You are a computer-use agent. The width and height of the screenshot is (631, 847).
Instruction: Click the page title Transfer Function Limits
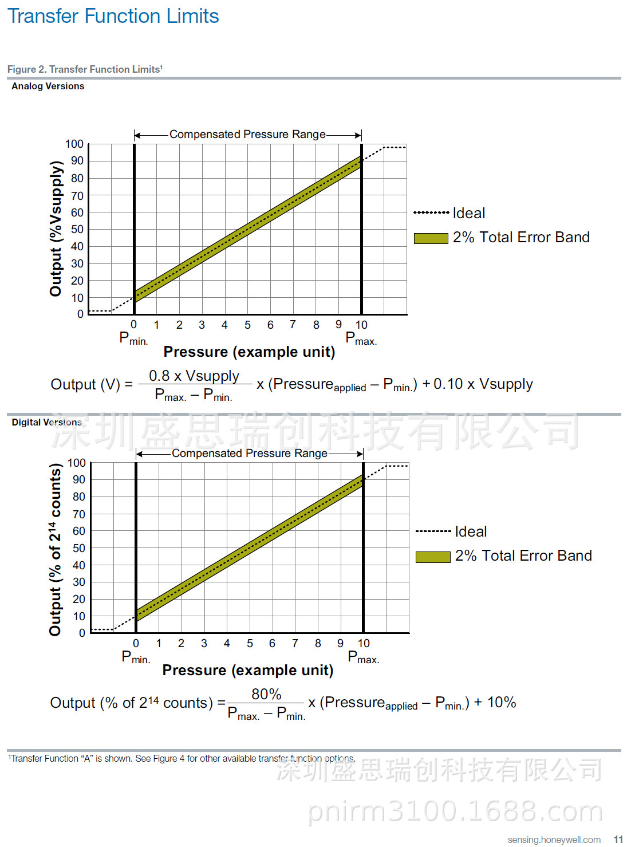tap(113, 16)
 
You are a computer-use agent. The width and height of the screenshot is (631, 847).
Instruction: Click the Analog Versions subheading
tap(48, 86)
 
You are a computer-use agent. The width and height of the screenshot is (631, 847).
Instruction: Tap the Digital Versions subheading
tap(46, 422)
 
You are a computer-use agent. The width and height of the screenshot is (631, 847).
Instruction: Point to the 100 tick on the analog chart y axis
tap(74, 144)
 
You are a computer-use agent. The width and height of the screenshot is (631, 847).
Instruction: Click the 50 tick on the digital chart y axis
tap(78, 548)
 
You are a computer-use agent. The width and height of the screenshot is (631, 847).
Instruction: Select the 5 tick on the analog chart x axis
tap(247, 325)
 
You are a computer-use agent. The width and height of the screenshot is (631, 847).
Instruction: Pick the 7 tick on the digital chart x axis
tap(295, 644)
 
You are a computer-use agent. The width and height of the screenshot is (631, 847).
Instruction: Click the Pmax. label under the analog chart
tap(361, 339)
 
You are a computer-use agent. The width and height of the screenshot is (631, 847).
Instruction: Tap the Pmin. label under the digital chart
tap(136, 657)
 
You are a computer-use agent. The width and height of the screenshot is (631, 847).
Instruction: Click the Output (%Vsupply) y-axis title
tap(56, 229)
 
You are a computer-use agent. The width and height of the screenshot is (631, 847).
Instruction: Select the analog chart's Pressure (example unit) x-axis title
tap(249, 352)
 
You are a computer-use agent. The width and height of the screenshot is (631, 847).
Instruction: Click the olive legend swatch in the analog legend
tap(431, 238)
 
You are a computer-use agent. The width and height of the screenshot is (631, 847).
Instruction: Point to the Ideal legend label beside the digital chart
tap(471, 531)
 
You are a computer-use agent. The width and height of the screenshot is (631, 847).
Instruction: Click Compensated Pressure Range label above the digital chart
tap(250, 453)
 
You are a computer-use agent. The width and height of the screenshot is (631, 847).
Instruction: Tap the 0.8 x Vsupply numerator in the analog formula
tap(194, 376)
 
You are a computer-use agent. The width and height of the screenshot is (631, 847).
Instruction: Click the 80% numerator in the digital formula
tap(266, 694)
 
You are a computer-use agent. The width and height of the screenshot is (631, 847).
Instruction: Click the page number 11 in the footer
tap(618, 840)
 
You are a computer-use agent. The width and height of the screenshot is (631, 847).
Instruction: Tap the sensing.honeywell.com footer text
tap(554, 840)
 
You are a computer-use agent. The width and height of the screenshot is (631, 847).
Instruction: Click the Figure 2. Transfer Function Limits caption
tap(85, 69)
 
